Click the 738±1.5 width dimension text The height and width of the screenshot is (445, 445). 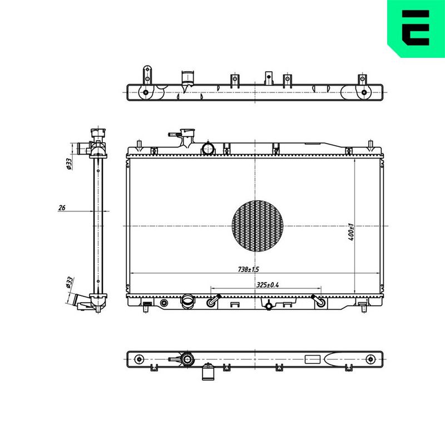pos(248,269)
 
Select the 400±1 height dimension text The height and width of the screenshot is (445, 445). pos(351,232)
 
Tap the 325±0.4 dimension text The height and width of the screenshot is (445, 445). pos(268,285)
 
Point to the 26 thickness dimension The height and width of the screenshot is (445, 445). pos(62,207)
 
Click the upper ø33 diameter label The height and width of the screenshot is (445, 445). pos(69,164)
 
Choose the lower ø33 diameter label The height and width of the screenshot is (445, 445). pos(70,283)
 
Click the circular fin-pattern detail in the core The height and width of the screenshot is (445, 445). pos(258,226)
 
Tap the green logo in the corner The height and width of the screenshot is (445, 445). pos(416,28)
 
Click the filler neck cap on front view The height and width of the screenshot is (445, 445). pos(187,132)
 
